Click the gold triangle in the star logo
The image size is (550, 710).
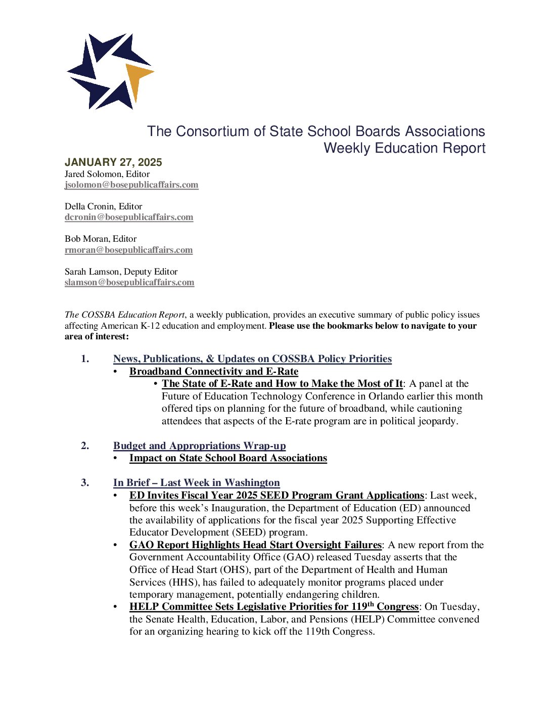[x=136, y=78]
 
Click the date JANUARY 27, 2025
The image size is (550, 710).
[x=113, y=162]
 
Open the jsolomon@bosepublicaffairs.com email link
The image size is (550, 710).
[x=131, y=185]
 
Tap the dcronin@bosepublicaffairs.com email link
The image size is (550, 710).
[x=129, y=217]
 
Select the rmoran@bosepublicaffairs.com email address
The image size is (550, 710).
[x=128, y=250]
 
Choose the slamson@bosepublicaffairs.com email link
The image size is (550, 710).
[x=129, y=283]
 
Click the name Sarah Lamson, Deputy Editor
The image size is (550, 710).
[x=121, y=272]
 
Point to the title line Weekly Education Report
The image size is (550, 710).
[x=404, y=148]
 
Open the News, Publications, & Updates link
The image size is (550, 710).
[x=252, y=359]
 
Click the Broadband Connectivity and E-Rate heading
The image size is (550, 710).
[x=214, y=372]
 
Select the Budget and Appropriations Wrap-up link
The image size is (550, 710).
[x=199, y=446]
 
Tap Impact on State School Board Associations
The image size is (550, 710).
[x=228, y=458]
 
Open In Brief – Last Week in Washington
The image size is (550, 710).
[x=196, y=483]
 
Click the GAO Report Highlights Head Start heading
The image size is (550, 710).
[x=255, y=545]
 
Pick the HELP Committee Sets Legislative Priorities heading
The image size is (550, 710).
[x=274, y=607]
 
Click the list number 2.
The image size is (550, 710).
[x=85, y=446]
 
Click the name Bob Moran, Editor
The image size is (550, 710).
[x=101, y=239]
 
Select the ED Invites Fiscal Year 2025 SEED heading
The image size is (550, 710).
[x=277, y=496]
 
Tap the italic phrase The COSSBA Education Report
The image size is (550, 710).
[x=124, y=315]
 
